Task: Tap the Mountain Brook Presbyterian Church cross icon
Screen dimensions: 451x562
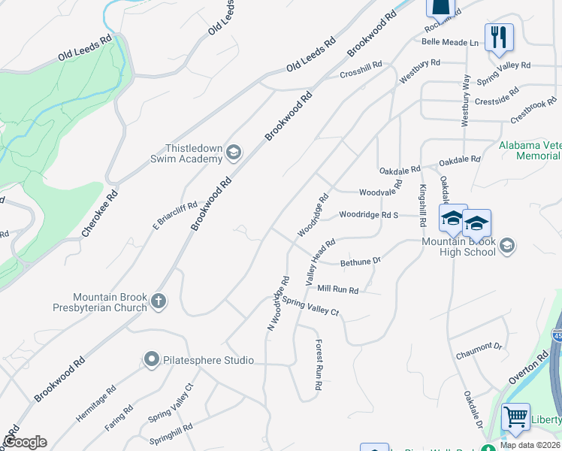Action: [158, 301]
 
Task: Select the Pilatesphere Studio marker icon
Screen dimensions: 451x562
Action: [151, 360]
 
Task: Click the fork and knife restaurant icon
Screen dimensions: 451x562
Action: [499, 36]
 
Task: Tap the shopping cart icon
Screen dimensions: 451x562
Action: [515, 416]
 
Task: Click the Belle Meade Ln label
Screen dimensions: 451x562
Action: [450, 43]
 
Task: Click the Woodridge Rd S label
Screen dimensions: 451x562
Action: [368, 215]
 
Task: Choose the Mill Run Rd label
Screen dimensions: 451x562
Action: [338, 289]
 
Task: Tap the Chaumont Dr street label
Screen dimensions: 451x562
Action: [478, 347]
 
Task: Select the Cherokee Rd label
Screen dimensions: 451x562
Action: [100, 213]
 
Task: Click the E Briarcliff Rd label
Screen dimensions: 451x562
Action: [174, 216]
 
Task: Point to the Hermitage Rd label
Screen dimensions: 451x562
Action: [95, 402]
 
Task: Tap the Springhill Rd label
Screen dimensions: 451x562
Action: [171, 434]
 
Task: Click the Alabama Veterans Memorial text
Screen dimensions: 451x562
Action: [530, 150]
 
